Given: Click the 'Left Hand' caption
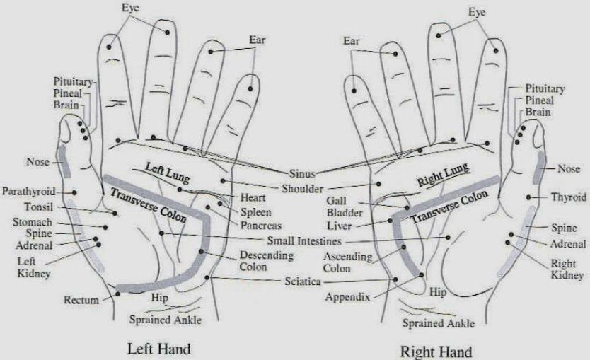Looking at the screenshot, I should pyautogui.click(x=158, y=349).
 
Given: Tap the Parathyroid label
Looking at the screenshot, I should pyautogui.click(x=28, y=192).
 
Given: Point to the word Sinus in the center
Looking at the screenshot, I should pyautogui.click(x=301, y=173).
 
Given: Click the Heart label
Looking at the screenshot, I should pyautogui.click(x=253, y=197).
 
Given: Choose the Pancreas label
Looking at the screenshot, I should pyautogui.click(x=260, y=226).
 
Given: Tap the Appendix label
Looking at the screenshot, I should pyautogui.click(x=347, y=297).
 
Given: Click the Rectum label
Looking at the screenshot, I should pyautogui.click(x=81, y=301).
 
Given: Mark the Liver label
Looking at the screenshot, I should pyautogui.click(x=341, y=226).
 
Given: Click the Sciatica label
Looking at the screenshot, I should pyautogui.click(x=301, y=281).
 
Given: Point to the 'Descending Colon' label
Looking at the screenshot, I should pyautogui.click(x=262, y=260).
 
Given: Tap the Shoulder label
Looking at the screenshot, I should pyautogui.click(x=302, y=189).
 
